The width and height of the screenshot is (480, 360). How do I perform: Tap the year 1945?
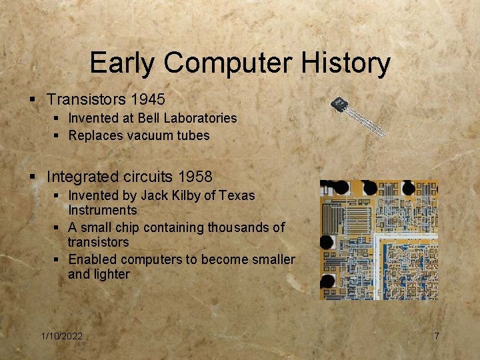click(148, 99)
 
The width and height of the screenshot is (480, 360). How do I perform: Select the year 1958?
click(195, 177)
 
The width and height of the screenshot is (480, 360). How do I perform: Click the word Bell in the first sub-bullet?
click(151, 118)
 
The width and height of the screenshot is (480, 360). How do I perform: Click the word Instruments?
click(102, 210)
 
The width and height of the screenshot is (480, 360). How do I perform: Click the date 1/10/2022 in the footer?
click(61, 336)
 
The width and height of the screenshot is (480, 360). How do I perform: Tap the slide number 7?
click(437, 336)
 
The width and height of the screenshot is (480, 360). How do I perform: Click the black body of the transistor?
click(340, 105)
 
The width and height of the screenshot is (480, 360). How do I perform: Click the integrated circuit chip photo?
click(379, 239)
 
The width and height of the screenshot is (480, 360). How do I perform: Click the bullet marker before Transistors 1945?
click(32, 100)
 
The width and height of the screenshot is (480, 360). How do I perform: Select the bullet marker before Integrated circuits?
click(32, 177)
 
